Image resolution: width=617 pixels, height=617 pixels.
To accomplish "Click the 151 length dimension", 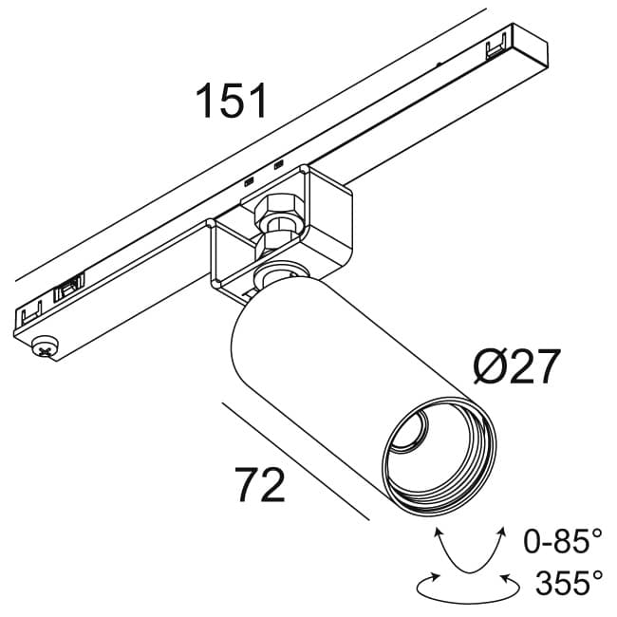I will click(x=232, y=102).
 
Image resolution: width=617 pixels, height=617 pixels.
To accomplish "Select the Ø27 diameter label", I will click(x=516, y=367).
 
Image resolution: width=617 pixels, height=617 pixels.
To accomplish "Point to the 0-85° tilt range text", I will click(x=563, y=544).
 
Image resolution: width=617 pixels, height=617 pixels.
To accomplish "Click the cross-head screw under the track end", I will click(x=44, y=348).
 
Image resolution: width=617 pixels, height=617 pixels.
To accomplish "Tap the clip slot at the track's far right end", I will click(x=496, y=48).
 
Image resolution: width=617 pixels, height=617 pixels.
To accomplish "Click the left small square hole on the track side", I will click(x=250, y=179).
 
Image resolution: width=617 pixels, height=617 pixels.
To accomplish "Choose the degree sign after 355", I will click(x=597, y=573).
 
